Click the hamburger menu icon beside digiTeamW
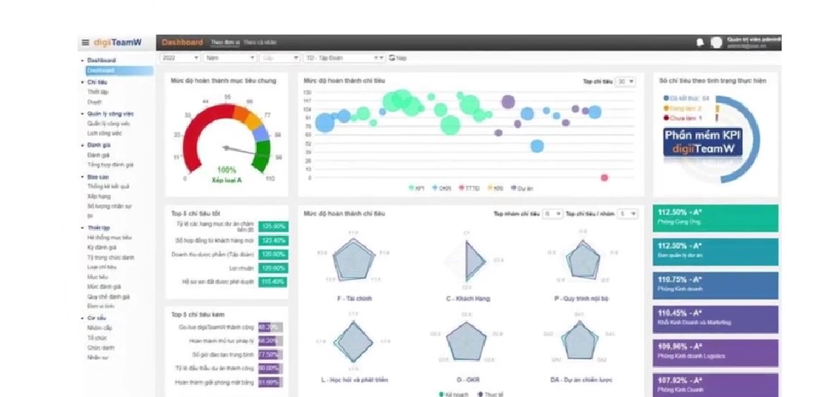point(85,42)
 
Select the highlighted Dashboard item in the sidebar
point(101,70)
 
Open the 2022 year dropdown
point(180,57)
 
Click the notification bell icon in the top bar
point(700,42)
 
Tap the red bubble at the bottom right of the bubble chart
point(604,178)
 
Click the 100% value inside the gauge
point(227,170)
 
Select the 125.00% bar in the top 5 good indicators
point(272,226)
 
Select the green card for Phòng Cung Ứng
point(715,218)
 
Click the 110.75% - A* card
point(715,284)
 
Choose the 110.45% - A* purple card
point(715,317)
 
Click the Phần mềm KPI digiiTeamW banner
point(703,141)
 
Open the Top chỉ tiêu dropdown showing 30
point(626,81)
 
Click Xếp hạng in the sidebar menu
point(98,196)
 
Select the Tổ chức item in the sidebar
point(96,338)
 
